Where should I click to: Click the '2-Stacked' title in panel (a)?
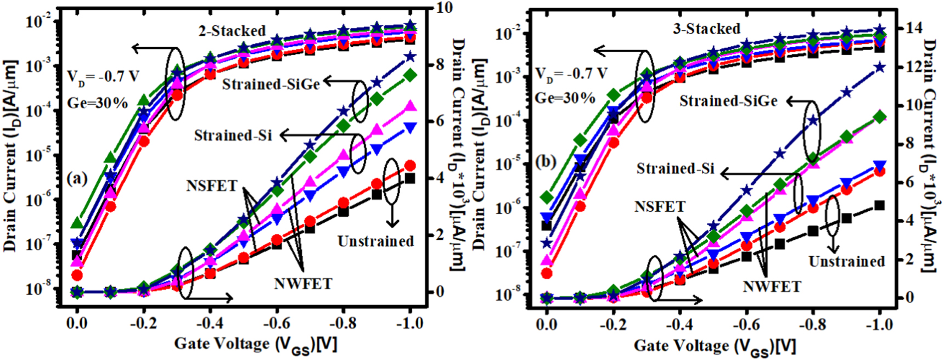232,31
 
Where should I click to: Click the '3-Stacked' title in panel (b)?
706,29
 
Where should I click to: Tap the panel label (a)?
76,179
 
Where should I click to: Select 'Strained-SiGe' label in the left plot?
271,84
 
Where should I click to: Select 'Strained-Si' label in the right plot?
675,168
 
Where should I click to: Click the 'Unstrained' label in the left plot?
375,241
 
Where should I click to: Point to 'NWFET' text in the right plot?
772,286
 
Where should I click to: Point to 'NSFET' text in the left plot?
211,185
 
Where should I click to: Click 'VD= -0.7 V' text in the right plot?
571,74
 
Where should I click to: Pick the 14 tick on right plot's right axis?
913,27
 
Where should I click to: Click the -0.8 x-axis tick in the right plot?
813,325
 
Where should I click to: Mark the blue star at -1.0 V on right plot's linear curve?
879,67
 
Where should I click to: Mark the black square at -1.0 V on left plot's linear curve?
409,178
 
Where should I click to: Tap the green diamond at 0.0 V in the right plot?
546,197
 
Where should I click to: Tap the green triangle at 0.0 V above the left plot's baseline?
77,223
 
